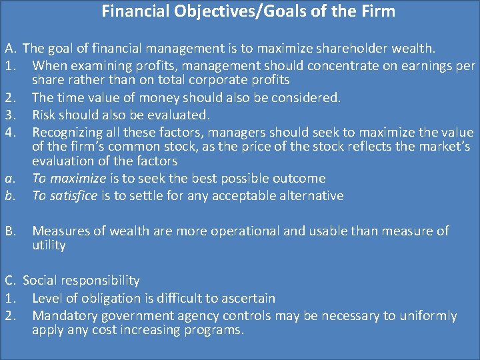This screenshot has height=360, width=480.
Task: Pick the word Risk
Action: click(x=46, y=115)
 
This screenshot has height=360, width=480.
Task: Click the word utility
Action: click(x=49, y=245)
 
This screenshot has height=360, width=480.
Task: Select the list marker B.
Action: click(x=10, y=231)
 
